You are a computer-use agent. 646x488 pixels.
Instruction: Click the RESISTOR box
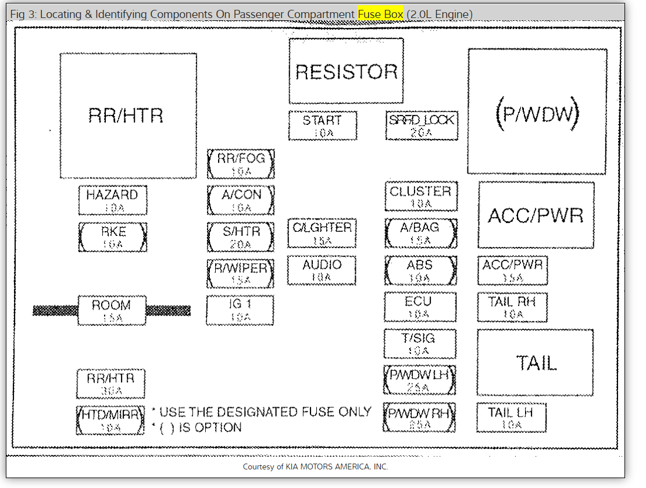[346, 71]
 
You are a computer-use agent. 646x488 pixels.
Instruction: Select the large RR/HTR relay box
[127, 116]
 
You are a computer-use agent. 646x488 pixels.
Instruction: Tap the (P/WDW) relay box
[537, 111]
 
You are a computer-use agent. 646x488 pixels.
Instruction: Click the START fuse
[322, 125]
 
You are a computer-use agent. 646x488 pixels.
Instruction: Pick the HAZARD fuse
[112, 200]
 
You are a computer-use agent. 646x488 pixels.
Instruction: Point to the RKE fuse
[112, 237]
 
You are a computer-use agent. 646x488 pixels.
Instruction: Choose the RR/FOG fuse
[240, 164]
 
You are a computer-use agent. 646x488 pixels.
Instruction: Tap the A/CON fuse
[240, 200]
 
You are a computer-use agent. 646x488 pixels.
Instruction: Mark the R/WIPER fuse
[240, 274]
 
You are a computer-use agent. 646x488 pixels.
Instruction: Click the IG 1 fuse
[240, 310]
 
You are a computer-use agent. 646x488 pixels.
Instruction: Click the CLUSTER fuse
[420, 196]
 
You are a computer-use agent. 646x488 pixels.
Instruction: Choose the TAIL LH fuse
[511, 418]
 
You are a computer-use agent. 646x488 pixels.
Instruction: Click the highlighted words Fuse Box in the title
[380, 13]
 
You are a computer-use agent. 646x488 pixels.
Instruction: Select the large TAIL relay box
[536, 363]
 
